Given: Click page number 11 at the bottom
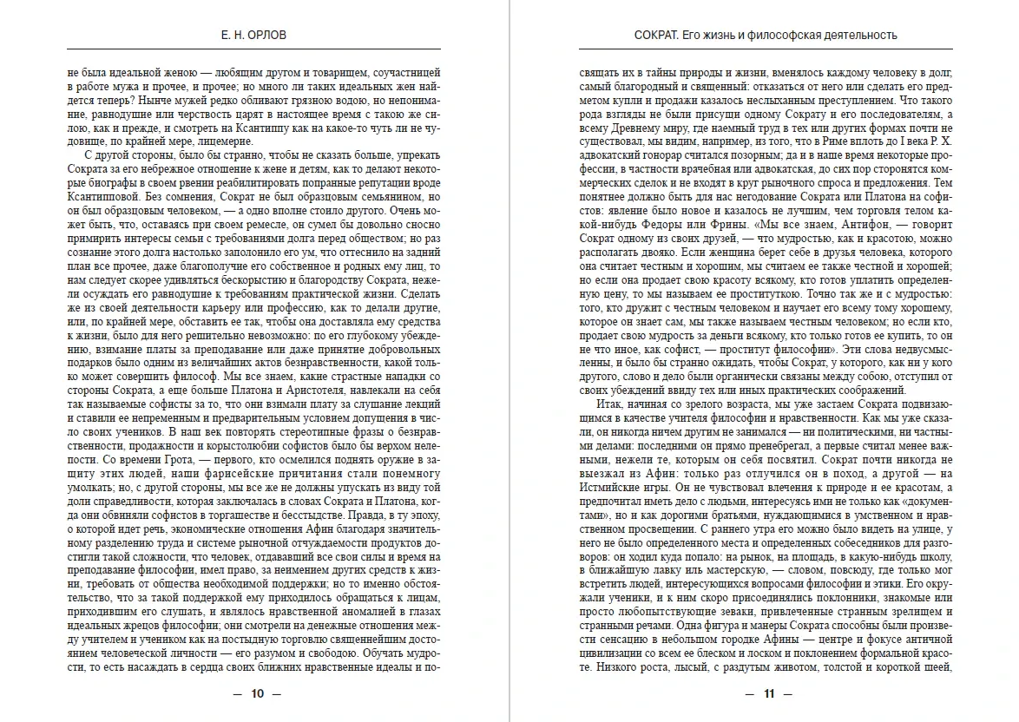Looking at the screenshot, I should [767, 693].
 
